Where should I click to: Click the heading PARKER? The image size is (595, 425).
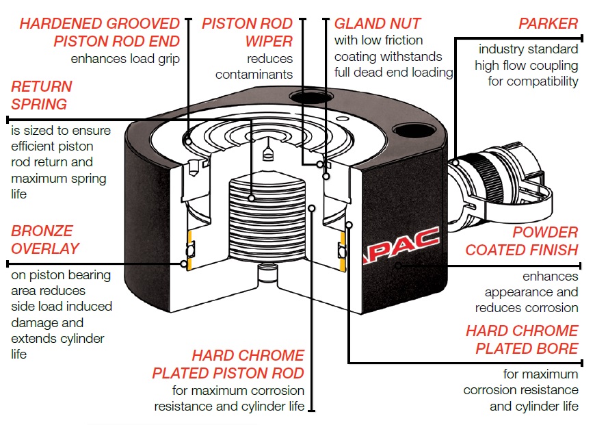coord(548,24)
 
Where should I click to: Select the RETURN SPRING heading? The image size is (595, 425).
coord(41,95)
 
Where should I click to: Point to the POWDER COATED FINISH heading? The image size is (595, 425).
coord(522,241)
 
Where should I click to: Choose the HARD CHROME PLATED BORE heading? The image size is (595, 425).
coord(522,339)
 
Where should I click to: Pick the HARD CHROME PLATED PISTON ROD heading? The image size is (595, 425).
coord(228,364)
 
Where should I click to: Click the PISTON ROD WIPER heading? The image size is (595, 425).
coord(248,32)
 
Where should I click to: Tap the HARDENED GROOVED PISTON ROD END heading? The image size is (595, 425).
coord(100,32)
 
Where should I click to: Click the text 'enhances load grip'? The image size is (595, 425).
coord(125,59)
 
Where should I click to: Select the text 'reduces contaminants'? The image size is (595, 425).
coord(254,66)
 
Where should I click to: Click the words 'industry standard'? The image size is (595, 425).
coord(528,49)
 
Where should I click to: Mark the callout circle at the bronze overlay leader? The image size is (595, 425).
coord(184,263)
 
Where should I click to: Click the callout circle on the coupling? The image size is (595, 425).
coord(455,162)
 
